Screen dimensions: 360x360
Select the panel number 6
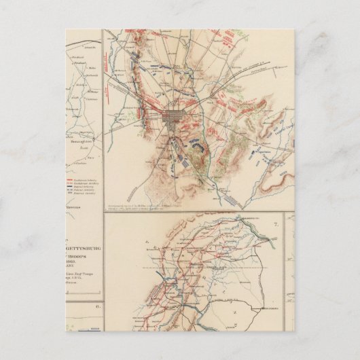click(x=97, y=307)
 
